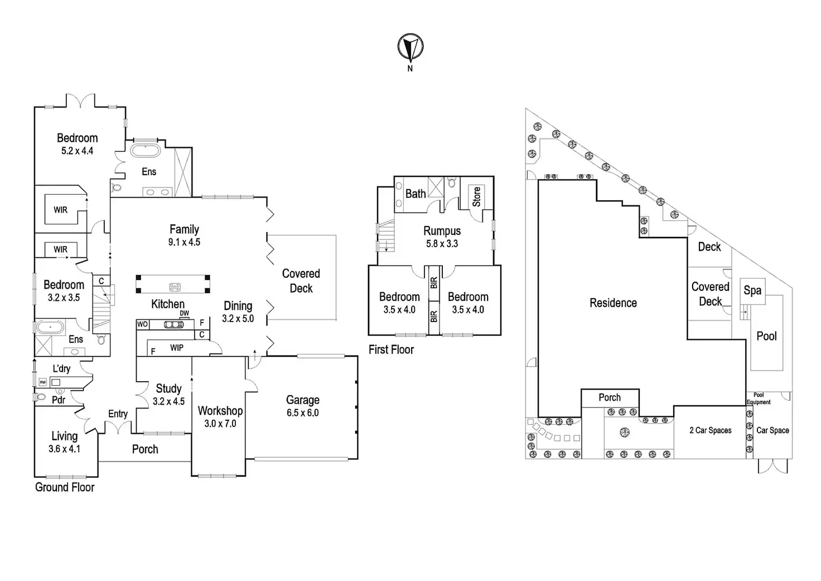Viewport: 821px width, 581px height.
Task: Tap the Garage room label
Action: [x=303, y=400]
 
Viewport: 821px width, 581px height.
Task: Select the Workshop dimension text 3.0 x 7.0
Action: [x=220, y=424]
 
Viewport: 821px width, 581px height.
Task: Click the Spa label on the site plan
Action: [x=752, y=290]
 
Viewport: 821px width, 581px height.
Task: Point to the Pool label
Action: [x=766, y=336]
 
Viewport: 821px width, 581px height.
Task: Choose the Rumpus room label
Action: [x=442, y=231]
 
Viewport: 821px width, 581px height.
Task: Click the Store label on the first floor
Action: [x=476, y=196]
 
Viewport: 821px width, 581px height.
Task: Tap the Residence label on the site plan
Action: [x=613, y=302]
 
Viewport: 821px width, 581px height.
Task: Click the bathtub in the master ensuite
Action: [x=145, y=151]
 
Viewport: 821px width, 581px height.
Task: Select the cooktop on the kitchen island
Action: [x=175, y=287]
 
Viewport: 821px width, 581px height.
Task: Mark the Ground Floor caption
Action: [x=65, y=487]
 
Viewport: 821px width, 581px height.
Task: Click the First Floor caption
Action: [x=391, y=350]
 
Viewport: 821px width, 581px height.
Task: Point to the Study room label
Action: [x=168, y=388]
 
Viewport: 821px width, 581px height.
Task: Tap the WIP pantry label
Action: [x=177, y=348]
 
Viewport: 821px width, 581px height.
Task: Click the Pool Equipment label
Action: [x=759, y=398]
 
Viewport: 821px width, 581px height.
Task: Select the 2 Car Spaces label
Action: [x=710, y=430]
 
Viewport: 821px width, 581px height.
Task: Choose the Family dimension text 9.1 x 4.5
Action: [x=184, y=242]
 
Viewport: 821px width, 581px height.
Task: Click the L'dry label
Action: [x=61, y=368]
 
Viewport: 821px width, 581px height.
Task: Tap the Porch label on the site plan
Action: [x=609, y=397]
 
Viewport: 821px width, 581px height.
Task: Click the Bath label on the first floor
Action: [x=415, y=194]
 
